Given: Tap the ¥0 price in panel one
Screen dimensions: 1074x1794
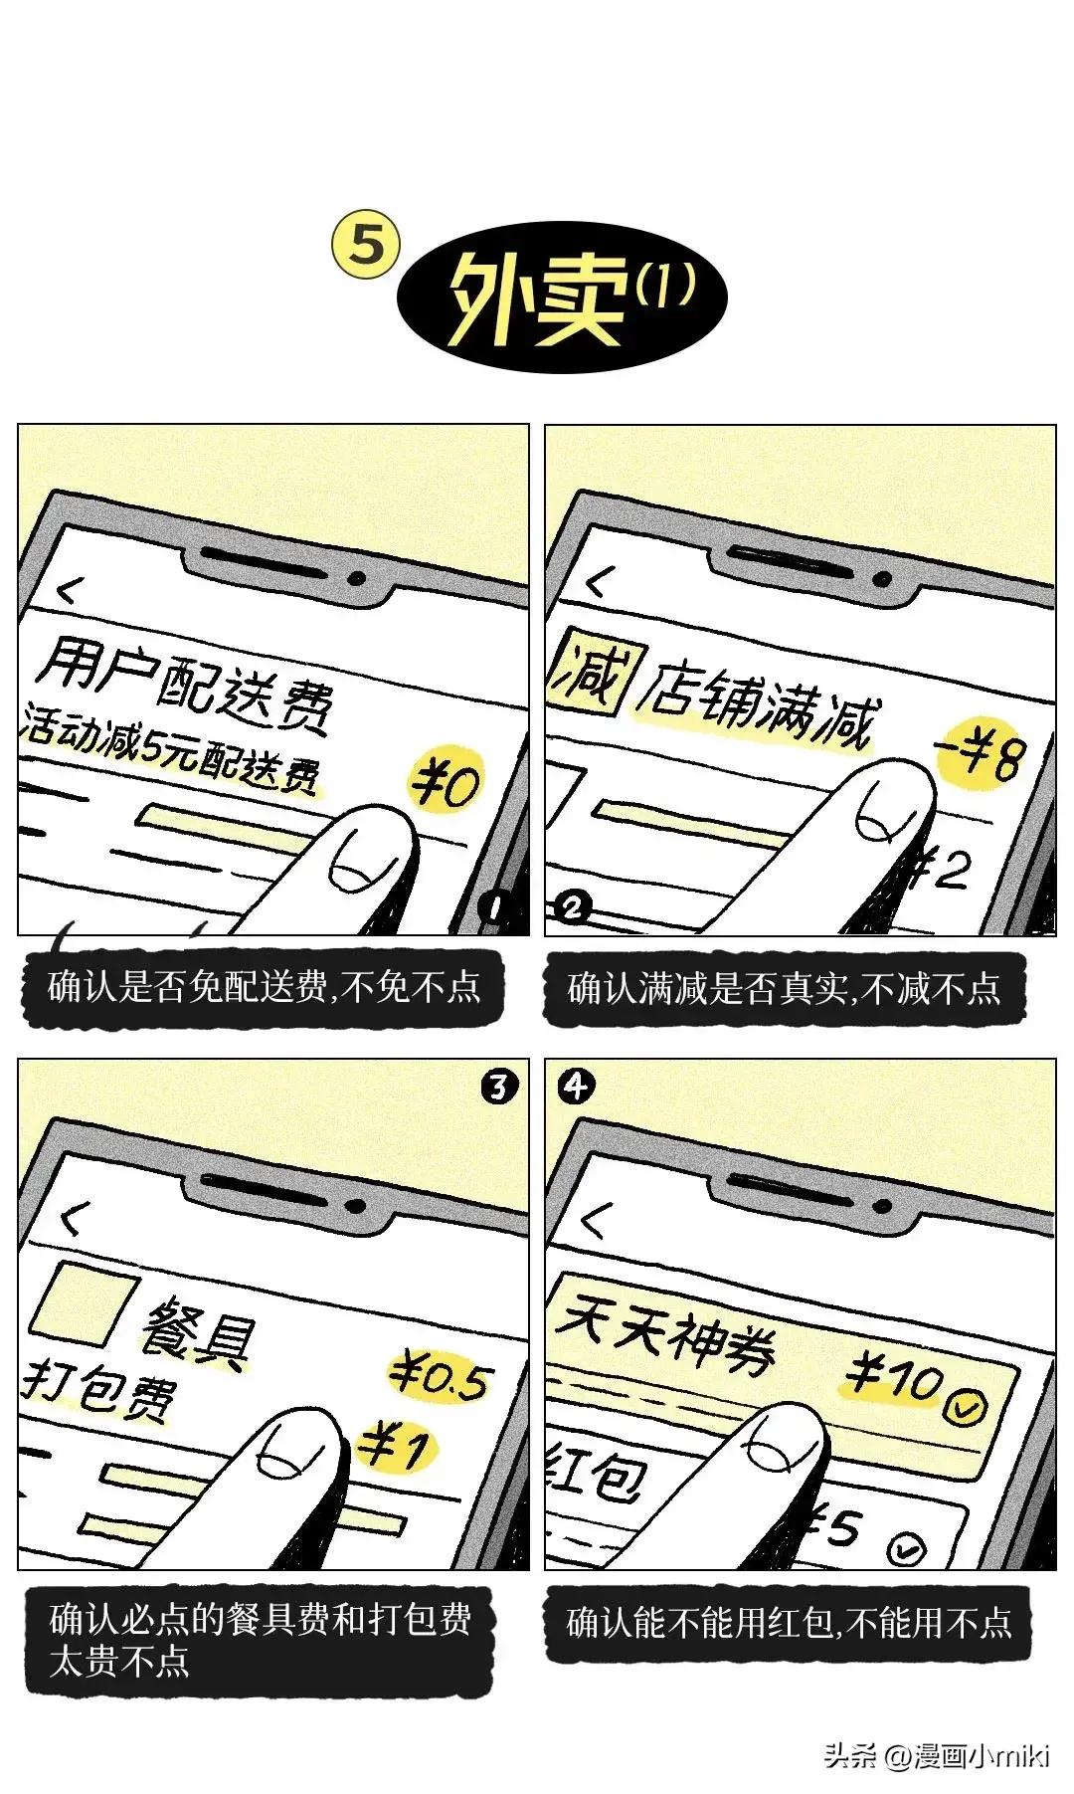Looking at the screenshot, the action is pos(446,781).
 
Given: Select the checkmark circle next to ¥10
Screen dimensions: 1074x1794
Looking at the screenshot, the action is pos(964,1407).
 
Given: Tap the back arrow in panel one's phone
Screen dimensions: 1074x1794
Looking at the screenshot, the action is pos(68,591).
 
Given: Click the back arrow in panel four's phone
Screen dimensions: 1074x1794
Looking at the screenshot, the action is pos(594,1219).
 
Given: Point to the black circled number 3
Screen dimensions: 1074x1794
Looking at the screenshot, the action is pos(498,1087).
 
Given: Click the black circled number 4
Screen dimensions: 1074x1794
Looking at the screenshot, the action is pos(575,1086).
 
